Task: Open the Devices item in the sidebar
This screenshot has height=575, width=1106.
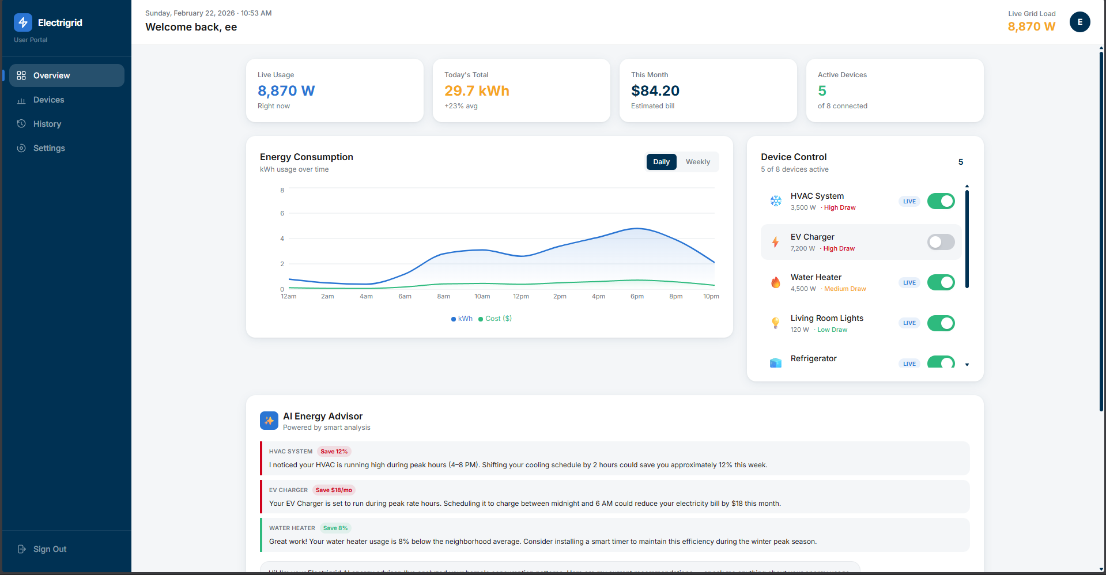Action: point(48,100)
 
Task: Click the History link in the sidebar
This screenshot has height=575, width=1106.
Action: point(47,124)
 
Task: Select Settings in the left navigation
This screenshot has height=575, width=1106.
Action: point(49,148)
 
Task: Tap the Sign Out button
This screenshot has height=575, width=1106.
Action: point(50,549)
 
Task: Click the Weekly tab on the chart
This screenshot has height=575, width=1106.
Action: point(697,162)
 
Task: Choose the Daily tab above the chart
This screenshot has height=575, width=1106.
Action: point(661,162)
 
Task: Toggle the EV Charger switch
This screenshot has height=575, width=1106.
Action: point(941,242)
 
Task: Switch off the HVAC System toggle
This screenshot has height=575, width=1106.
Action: point(941,201)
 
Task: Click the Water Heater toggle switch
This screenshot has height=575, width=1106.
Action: point(941,282)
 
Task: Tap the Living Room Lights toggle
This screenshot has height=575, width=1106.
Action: point(941,323)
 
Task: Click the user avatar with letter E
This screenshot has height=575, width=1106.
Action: point(1079,22)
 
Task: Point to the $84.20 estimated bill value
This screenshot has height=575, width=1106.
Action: point(655,90)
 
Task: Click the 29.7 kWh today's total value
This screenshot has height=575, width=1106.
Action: point(477,90)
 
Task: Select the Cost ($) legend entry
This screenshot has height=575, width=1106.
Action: point(495,319)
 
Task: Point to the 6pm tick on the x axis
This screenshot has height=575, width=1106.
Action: point(637,296)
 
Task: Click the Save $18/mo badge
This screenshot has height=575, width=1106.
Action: point(334,490)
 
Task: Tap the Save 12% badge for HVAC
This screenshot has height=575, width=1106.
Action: point(334,452)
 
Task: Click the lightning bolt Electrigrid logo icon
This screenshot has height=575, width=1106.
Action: point(23,22)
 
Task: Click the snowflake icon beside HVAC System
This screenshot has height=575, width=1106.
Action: point(776,201)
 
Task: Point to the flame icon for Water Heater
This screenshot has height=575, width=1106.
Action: point(776,282)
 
